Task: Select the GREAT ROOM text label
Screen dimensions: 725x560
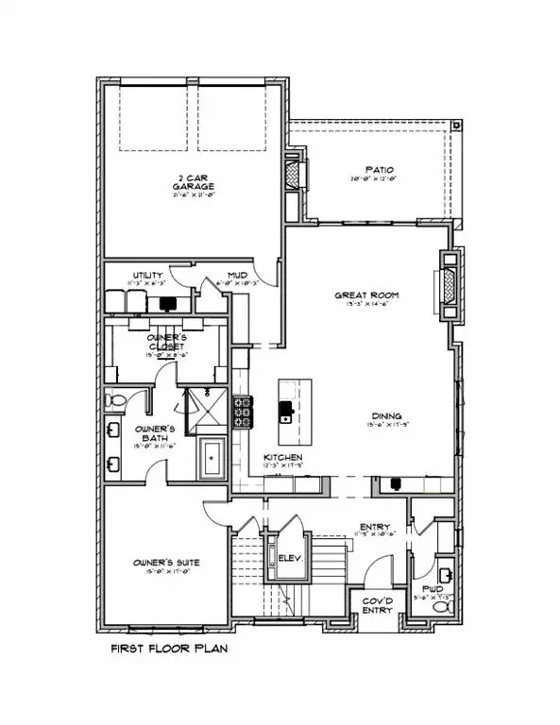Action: click(x=366, y=295)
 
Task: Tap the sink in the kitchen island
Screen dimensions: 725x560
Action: click(x=285, y=413)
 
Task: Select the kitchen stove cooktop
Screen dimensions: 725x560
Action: click(x=242, y=412)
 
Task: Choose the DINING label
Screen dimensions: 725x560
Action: click(x=386, y=415)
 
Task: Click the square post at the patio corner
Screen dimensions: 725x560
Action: click(x=458, y=124)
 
